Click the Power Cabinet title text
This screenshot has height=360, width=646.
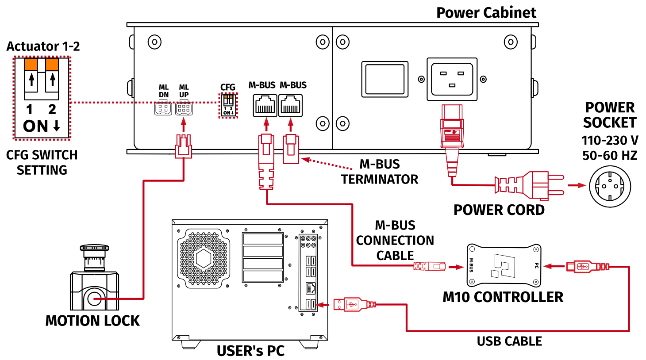tap(486, 12)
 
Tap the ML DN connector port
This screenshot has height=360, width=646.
tap(163, 108)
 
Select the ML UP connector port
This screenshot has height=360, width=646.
tap(184, 108)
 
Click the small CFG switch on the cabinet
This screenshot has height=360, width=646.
tap(228, 105)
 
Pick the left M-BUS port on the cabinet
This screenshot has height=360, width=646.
tap(265, 106)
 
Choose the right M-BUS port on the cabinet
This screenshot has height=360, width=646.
tap(291, 106)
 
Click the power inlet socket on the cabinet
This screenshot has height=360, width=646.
tap(452, 79)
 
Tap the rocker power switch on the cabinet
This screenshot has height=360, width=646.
tap(385, 79)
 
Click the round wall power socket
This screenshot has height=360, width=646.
tap(610, 186)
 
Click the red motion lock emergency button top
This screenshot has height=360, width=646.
tap(94, 248)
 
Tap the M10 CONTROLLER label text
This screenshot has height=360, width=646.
tap(503, 297)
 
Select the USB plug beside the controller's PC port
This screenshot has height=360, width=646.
tap(584, 266)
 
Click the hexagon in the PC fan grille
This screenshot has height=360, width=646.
tap(203, 258)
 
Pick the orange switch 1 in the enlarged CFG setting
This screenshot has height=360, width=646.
tap(31, 65)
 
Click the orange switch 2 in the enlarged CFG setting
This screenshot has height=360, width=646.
tap(52, 65)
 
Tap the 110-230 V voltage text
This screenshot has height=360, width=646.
tap(610, 141)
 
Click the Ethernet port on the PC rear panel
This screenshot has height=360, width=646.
tap(311, 288)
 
